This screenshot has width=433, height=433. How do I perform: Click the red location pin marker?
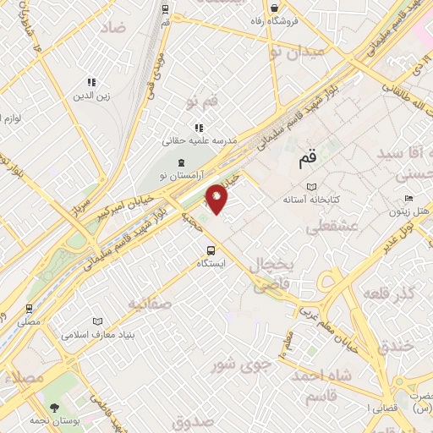click(217, 199)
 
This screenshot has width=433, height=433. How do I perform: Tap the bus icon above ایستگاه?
click(211, 250)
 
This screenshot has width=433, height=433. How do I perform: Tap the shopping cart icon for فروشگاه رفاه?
click(277, 7)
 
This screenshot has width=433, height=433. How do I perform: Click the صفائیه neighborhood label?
click(150, 303)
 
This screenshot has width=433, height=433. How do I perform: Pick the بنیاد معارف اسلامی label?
click(96, 334)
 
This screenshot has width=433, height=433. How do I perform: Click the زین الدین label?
click(93, 96)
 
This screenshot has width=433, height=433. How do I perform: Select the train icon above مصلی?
click(29, 309)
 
